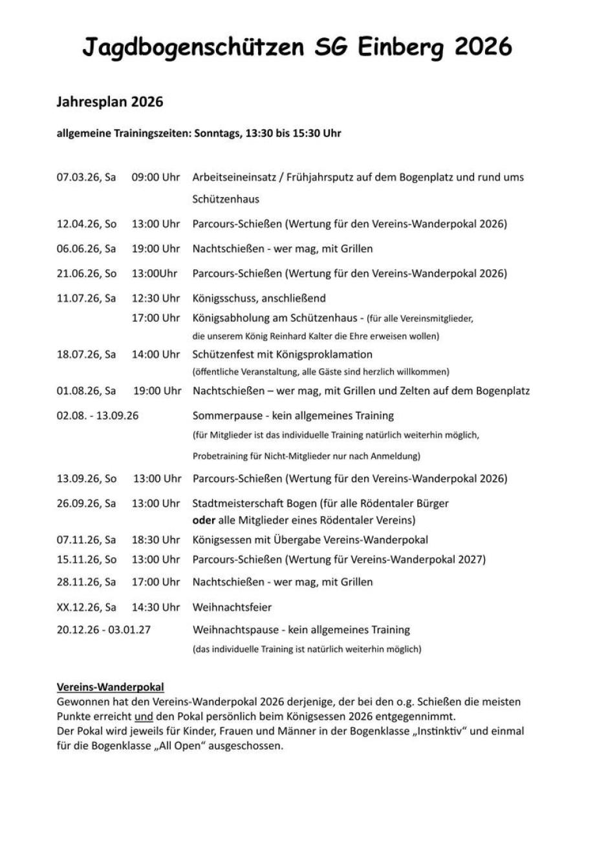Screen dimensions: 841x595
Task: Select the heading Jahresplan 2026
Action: tap(110, 102)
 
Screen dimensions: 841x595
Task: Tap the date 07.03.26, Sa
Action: tap(87, 177)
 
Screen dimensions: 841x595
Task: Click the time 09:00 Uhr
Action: tap(156, 177)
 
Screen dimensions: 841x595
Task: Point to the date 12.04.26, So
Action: tap(87, 224)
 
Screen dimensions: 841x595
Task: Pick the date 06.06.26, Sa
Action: tap(87, 249)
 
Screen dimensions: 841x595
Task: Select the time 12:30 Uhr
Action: tap(156, 298)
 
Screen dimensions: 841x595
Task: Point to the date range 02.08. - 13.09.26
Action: tap(98, 415)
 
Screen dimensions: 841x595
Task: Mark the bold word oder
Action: tap(204, 519)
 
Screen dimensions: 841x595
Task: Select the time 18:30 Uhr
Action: tap(156, 540)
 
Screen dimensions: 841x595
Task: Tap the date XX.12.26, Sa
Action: tap(87, 607)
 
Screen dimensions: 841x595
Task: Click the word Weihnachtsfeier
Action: tap(232, 607)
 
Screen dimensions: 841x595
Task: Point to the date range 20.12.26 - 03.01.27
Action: tap(103, 629)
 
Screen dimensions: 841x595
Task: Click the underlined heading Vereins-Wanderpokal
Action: tap(111, 687)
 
